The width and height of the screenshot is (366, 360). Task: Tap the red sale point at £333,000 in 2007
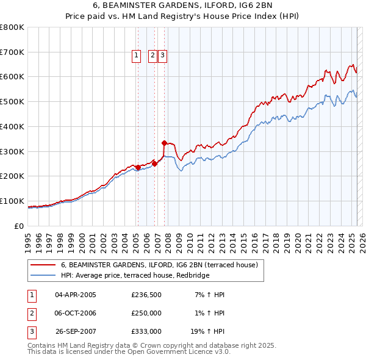click(x=165, y=143)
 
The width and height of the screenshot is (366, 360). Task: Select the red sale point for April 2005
click(x=138, y=167)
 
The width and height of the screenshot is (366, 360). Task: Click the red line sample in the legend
click(x=44, y=265)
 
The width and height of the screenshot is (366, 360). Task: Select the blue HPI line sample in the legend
click(x=44, y=276)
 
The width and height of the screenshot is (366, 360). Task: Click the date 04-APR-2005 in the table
click(x=76, y=295)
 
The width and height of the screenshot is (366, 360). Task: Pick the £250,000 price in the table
click(x=146, y=313)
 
